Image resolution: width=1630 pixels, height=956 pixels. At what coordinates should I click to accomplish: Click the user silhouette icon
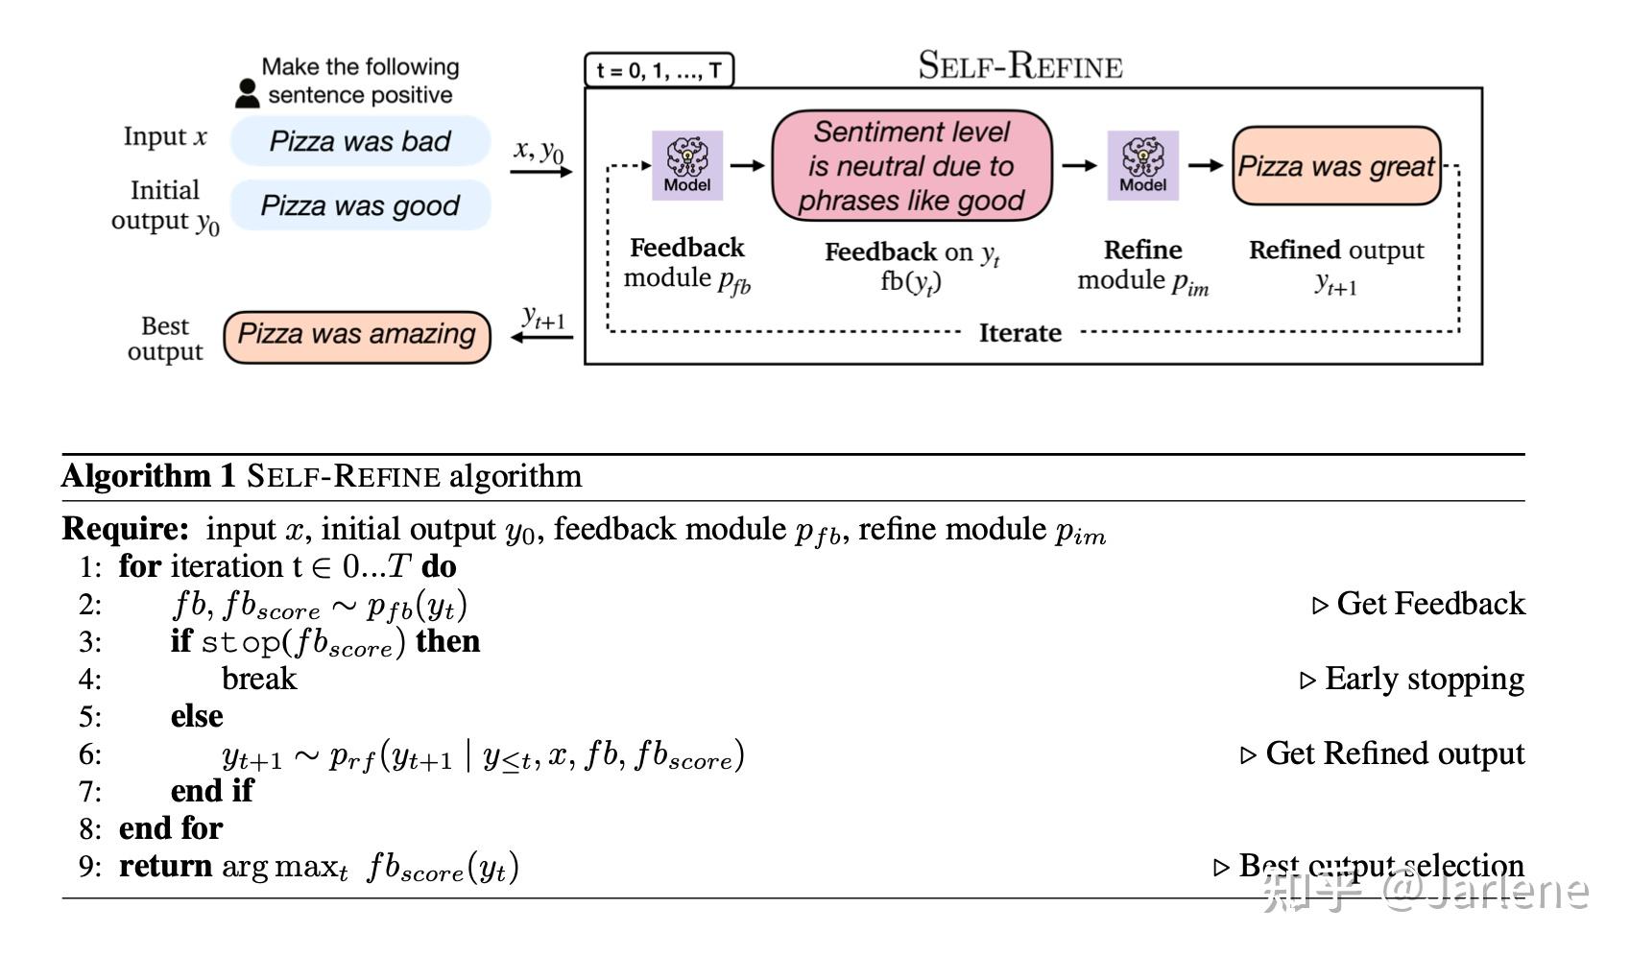click(248, 93)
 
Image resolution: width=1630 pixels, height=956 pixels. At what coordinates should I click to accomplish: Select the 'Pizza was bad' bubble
click(360, 140)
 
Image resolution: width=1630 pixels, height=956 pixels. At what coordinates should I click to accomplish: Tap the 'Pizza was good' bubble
click(360, 205)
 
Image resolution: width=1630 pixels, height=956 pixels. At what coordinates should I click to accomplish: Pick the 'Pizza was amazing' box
click(356, 337)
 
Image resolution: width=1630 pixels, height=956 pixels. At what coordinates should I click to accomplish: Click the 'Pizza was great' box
click(1336, 166)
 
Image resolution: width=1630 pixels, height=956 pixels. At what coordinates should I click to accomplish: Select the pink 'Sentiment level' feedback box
click(912, 165)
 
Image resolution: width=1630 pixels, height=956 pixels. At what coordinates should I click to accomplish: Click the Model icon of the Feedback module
click(687, 165)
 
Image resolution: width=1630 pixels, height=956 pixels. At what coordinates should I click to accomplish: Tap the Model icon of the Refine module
click(1142, 165)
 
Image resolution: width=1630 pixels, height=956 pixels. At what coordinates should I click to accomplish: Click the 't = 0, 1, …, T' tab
click(659, 70)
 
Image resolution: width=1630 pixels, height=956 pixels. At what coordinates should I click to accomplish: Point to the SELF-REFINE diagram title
click(1020, 65)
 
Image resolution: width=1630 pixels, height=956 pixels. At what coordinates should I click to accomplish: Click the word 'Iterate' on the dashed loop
click(1020, 332)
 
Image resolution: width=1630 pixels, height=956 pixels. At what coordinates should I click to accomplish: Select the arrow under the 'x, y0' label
click(541, 172)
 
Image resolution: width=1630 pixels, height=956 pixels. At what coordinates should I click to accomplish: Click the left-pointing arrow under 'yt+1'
click(541, 337)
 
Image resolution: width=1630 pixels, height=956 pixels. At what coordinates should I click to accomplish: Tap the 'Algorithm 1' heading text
click(149, 476)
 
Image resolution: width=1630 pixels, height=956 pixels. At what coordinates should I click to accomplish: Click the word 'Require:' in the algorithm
click(125, 528)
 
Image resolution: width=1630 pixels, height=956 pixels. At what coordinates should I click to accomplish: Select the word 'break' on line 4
click(259, 678)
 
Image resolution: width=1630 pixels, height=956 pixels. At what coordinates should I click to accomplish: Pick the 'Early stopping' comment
click(1412, 679)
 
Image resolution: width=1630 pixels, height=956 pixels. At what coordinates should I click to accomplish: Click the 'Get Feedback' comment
click(1419, 604)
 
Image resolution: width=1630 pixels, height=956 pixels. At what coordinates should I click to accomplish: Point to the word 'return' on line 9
click(165, 866)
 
